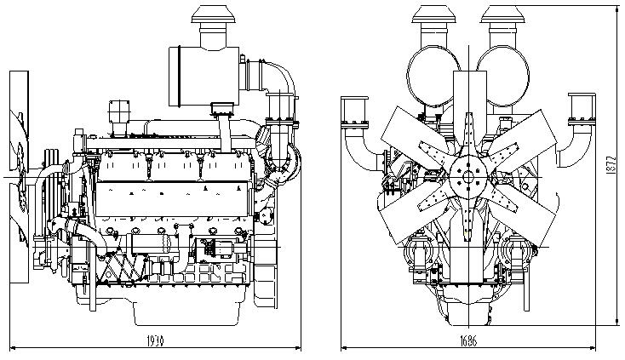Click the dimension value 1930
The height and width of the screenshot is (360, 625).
154,340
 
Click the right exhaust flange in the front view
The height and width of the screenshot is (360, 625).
582,114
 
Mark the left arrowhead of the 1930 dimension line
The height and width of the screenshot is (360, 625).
10,347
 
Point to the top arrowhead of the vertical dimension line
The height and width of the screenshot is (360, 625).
616,7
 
